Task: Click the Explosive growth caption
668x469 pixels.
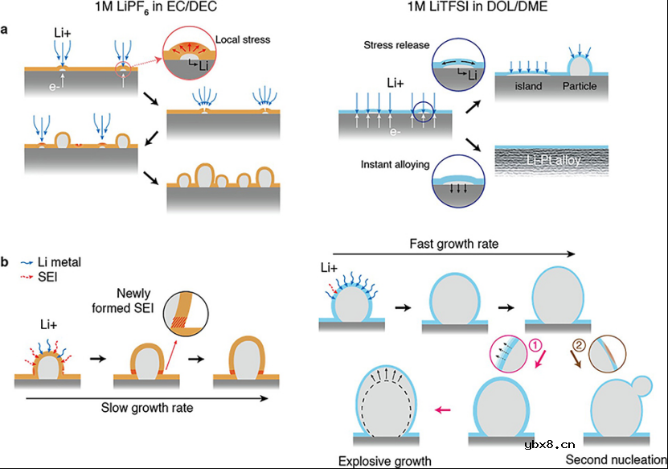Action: click(x=385, y=461)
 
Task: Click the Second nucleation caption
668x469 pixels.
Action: click(x=616, y=459)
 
